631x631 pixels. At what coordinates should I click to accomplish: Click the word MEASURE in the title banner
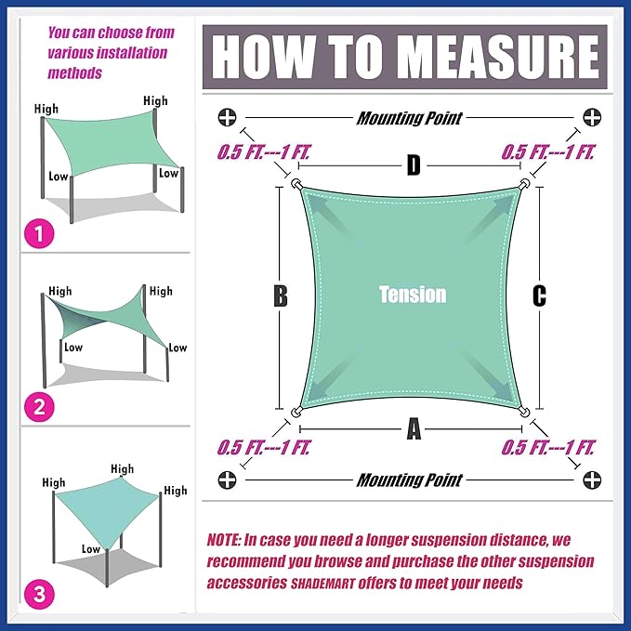coord(500,57)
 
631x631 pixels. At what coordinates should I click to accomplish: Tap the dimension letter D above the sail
coord(414,165)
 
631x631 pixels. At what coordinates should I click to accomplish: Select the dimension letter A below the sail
coord(414,429)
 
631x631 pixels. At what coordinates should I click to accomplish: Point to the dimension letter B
coord(281,296)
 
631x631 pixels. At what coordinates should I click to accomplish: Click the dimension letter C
coord(539,296)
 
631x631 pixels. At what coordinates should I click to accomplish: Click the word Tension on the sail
coord(413,295)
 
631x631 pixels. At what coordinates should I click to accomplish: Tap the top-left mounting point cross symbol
coord(228,117)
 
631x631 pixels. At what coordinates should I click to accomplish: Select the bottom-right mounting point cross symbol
coord(592,480)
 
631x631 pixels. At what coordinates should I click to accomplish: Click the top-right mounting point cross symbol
coord(592,117)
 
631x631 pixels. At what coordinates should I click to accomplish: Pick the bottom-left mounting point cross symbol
coord(228,480)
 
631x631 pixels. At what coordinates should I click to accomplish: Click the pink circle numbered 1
coord(39,233)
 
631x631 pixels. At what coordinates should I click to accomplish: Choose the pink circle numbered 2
coord(39,407)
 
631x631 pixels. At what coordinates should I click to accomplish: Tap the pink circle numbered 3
coord(39,594)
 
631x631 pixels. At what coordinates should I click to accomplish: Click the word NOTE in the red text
coord(224,540)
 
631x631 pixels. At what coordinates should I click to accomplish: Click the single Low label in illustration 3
coord(91,549)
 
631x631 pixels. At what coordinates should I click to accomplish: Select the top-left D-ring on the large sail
coord(297,185)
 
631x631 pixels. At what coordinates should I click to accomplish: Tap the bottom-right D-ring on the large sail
coord(523,412)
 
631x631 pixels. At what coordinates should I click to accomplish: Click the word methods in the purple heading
coord(75,73)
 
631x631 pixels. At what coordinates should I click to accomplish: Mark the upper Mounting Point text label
coord(410,118)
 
